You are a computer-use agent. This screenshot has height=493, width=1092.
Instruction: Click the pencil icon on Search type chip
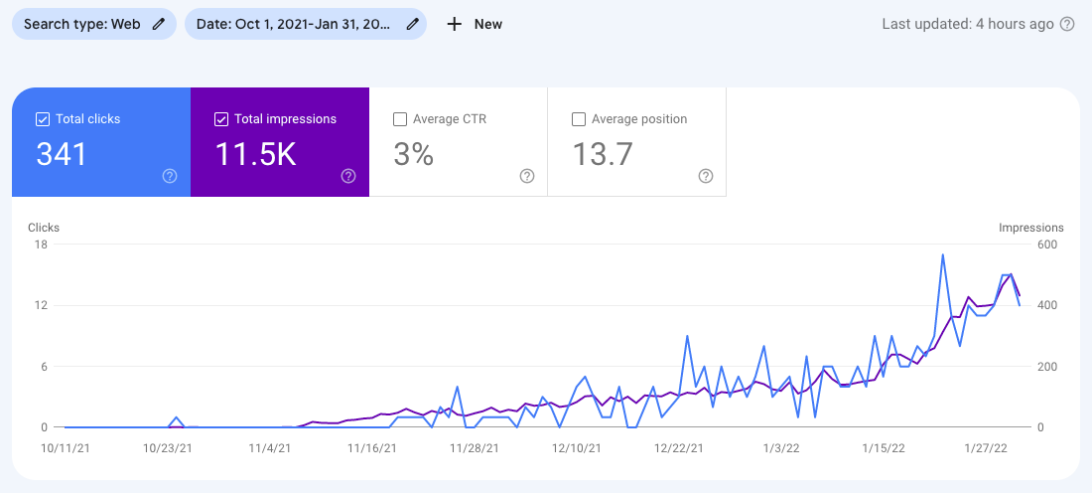pyautogui.click(x=159, y=25)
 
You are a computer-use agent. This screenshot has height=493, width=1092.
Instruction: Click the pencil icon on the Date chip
pyautogui.click(x=413, y=25)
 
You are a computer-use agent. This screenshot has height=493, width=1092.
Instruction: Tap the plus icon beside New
pyautogui.click(x=455, y=25)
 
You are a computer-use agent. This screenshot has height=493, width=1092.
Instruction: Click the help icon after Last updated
pyautogui.click(x=1067, y=25)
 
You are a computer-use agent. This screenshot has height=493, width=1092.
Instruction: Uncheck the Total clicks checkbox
pyautogui.click(x=43, y=119)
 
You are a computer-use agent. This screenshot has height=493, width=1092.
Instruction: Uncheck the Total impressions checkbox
pyautogui.click(x=221, y=119)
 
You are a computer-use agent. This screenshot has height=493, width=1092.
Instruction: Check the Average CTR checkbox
pyautogui.click(x=400, y=119)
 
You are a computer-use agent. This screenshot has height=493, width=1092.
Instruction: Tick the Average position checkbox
pyautogui.click(x=579, y=119)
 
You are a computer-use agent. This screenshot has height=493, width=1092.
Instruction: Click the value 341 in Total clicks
pyautogui.click(x=62, y=154)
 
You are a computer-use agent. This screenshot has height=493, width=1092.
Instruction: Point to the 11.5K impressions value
pyautogui.click(x=255, y=154)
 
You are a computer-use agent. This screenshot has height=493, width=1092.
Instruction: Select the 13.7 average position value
pyautogui.click(x=603, y=154)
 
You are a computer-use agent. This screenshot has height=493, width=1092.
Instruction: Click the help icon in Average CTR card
pyautogui.click(x=527, y=176)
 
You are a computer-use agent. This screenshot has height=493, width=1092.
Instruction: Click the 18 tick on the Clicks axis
pyautogui.click(x=41, y=245)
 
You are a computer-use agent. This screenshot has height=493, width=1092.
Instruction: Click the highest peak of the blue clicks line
pyautogui.click(x=941, y=255)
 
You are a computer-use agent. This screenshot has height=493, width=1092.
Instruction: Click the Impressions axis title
pyautogui.click(x=1030, y=228)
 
